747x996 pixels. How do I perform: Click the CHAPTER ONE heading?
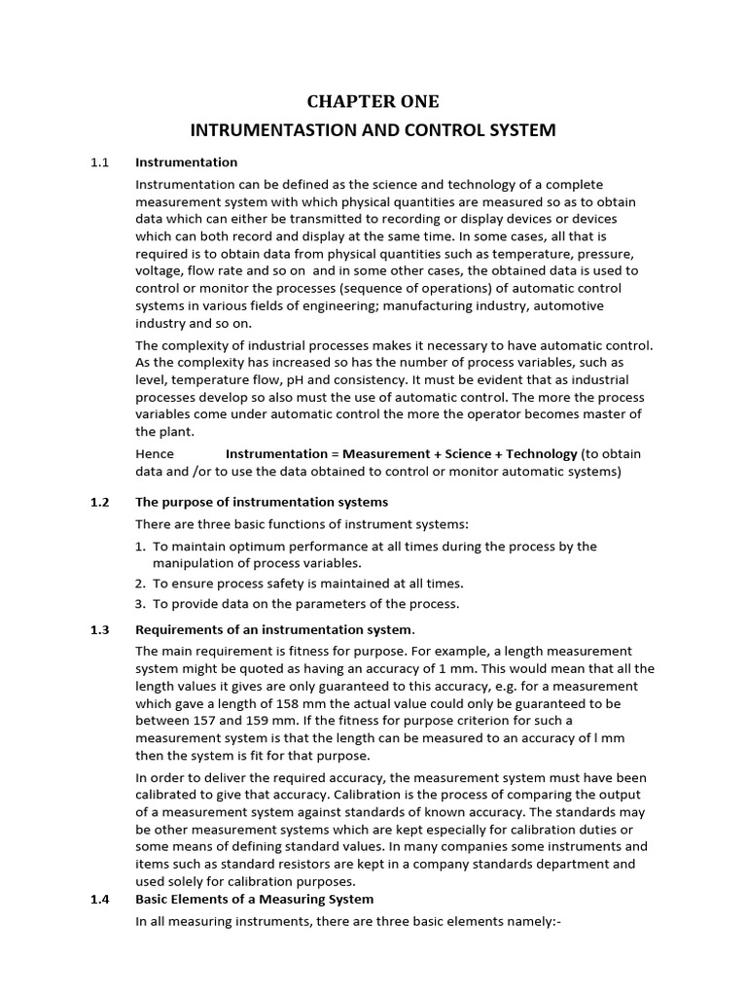click(373, 101)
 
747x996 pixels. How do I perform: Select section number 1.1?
click(98, 162)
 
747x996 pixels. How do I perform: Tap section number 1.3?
click(98, 629)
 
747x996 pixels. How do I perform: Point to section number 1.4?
click(98, 899)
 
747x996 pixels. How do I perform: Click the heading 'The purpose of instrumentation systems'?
click(261, 502)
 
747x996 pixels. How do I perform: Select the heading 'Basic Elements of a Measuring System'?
click(254, 899)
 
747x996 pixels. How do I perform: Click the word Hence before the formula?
click(155, 453)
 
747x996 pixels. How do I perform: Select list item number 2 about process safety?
click(141, 584)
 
